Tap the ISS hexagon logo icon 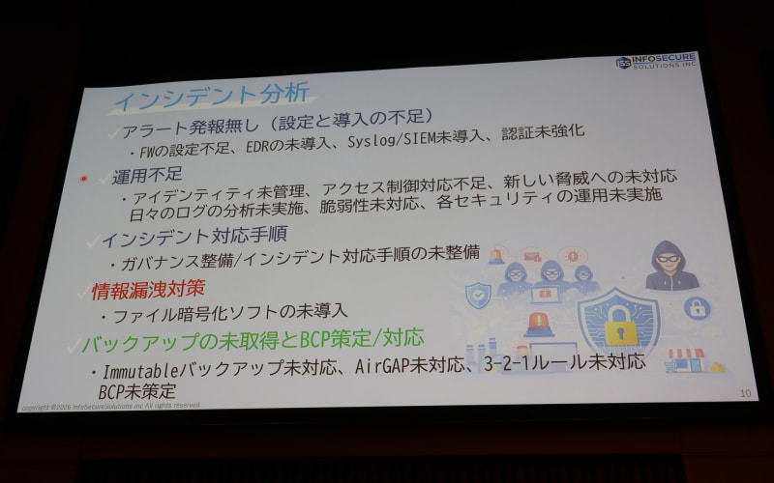(x=624, y=63)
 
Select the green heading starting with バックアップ (x=253, y=339)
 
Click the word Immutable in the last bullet (x=141, y=370)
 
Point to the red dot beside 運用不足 (x=84, y=178)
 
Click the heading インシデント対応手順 (x=193, y=236)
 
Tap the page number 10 (x=745, y=393)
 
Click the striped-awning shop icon (x=686, y=360)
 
